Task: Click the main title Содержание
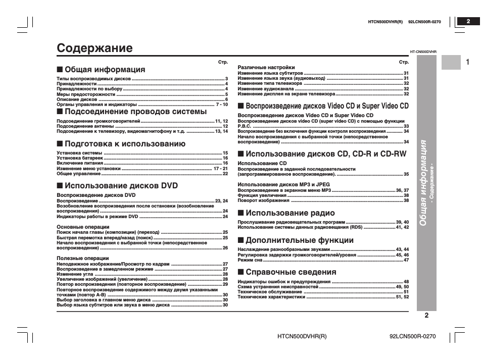pyautogui.click(x=95, y=48)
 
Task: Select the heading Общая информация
pyautogui.click(x=105, y=70)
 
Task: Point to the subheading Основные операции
pyautogui.click(x=83, y=227)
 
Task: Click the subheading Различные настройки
pyautogui.click(x=266, y=67)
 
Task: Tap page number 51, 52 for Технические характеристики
pyautogui.click(x=402, y=297)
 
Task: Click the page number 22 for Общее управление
pyautogui.click(x=225, y=173)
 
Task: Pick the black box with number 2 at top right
pyautogui.click(x=468, y=21)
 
